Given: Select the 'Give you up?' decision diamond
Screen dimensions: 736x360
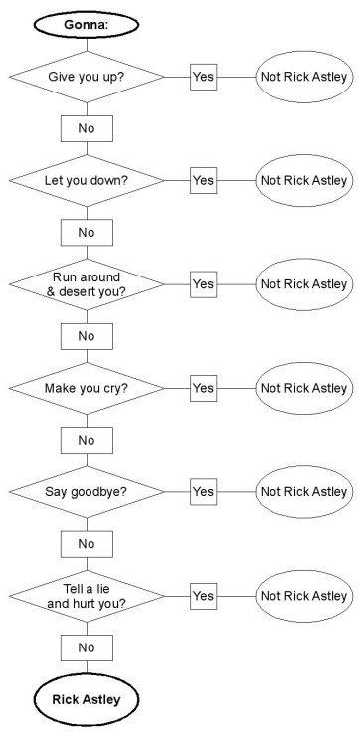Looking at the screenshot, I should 87,77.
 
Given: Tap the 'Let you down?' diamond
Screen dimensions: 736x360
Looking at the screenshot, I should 87,180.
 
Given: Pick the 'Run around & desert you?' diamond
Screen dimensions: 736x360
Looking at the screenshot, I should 87,283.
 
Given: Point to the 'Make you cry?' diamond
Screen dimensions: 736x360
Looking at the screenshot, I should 87,388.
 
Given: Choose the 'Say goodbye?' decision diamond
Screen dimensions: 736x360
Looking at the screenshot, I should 87,491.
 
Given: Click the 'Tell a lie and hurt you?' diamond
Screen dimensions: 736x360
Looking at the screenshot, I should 87,595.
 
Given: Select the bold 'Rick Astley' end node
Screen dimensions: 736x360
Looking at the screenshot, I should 87,699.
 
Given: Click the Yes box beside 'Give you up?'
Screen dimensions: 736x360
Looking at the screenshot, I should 203,77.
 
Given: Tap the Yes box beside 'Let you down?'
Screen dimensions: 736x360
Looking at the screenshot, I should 203,180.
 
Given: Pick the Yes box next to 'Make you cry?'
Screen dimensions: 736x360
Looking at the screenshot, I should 203,388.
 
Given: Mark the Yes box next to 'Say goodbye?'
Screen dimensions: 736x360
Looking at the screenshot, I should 203,491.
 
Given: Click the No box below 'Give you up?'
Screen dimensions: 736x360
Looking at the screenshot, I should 87,128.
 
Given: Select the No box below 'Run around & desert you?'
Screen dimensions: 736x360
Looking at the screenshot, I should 87,336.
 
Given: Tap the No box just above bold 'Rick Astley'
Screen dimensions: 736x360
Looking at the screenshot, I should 87,647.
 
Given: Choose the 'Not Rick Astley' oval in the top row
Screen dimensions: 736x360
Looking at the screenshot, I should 303,77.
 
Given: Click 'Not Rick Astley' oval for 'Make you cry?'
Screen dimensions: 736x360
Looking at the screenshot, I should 303,388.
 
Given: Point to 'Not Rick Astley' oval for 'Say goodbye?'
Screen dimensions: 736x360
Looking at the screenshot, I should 303,491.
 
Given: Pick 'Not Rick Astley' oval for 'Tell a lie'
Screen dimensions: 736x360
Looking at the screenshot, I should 303,595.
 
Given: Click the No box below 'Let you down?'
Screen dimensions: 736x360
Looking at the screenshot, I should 87,232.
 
